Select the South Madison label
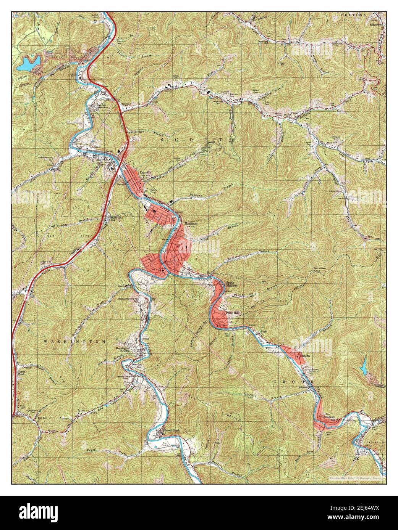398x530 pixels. click(x=232, y=284)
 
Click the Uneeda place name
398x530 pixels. click(x=307, y=355)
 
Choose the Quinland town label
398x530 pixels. click(x=329, y=418)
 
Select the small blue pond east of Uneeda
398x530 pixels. click(x=363, y=367)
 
